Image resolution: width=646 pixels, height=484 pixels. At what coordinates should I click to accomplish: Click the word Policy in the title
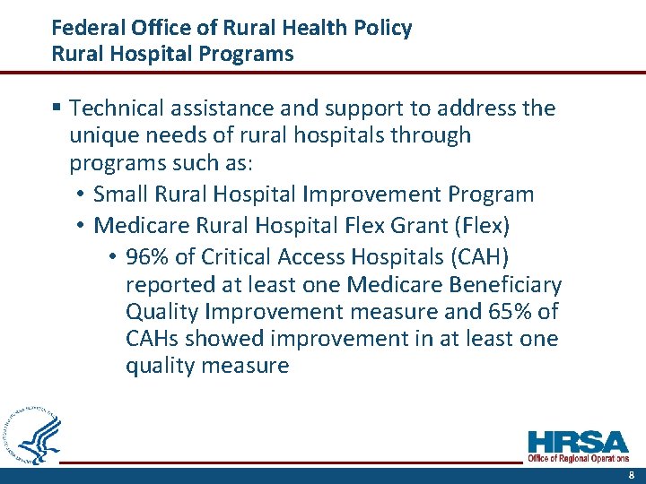pyautogui.click(x=382, y=29)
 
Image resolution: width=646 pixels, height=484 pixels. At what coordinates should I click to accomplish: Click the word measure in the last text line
pyautogui.click(x=247, y=367)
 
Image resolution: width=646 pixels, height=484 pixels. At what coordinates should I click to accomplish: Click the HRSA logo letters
pyautogui.click(x=578, y=443)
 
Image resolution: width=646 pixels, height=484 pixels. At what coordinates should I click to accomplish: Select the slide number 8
pyautogui.click(x=632, y=476)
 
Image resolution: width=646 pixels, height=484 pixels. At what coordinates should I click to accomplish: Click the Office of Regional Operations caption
pyautogui.click(x=578, y=459)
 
